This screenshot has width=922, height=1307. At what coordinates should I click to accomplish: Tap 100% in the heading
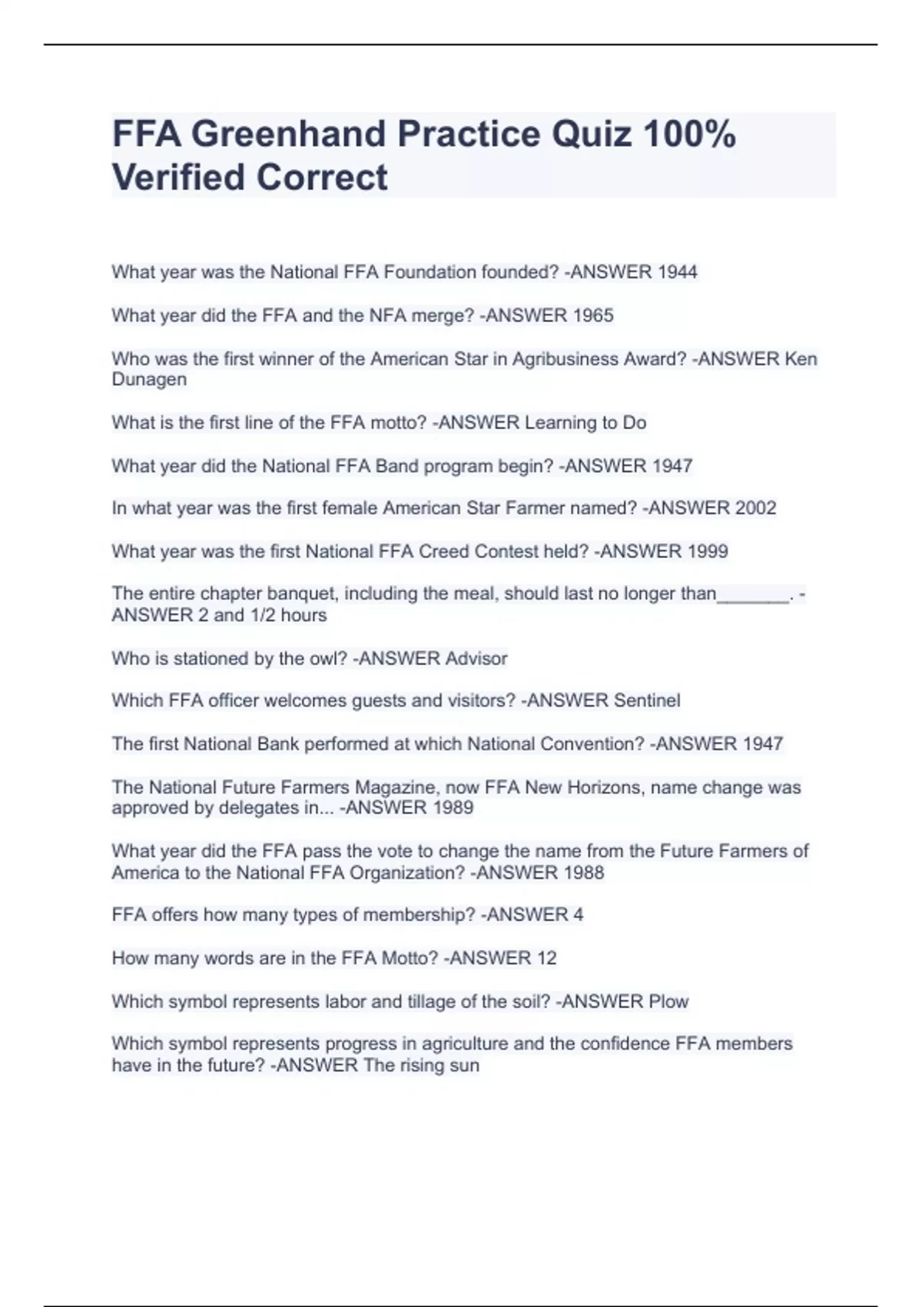point(689,135)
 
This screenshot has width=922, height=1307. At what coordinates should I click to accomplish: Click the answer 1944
point(678,272)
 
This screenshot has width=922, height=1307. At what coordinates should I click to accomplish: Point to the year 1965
point(593,316)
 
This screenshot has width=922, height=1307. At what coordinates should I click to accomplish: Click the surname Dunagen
point(149,380)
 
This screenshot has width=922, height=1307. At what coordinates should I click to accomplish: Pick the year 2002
point(755,508)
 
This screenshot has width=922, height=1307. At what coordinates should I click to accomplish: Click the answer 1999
point(708,551)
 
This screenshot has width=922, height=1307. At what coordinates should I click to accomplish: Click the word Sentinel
point(647,701)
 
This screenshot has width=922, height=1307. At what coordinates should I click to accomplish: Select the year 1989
point(453,808)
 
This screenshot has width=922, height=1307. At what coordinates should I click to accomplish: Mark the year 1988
point(583,873)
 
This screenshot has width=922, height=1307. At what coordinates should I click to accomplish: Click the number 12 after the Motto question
point(546,959)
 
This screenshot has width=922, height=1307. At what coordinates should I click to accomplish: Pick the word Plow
point(668,1002)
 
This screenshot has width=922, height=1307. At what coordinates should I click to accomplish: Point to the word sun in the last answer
point(464,1066)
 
